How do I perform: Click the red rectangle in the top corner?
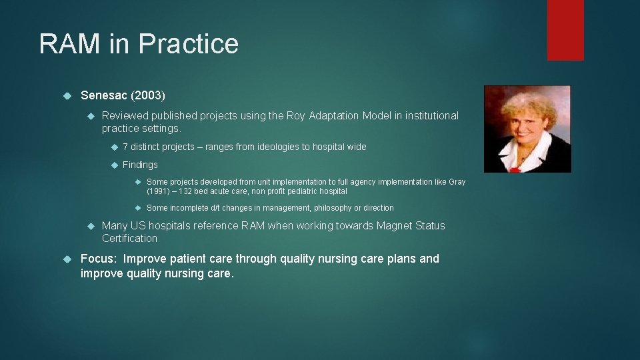coord(565,30)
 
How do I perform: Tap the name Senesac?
coord(104,96)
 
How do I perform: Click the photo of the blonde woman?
coord(527,129)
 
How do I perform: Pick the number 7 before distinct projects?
coord(125,147)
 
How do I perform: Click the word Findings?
coord(140,165)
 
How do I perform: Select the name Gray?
coord(457,182)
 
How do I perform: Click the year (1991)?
coord(159,191)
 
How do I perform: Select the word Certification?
coord(129,239)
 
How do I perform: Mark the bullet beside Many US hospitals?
coord(91,225)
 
